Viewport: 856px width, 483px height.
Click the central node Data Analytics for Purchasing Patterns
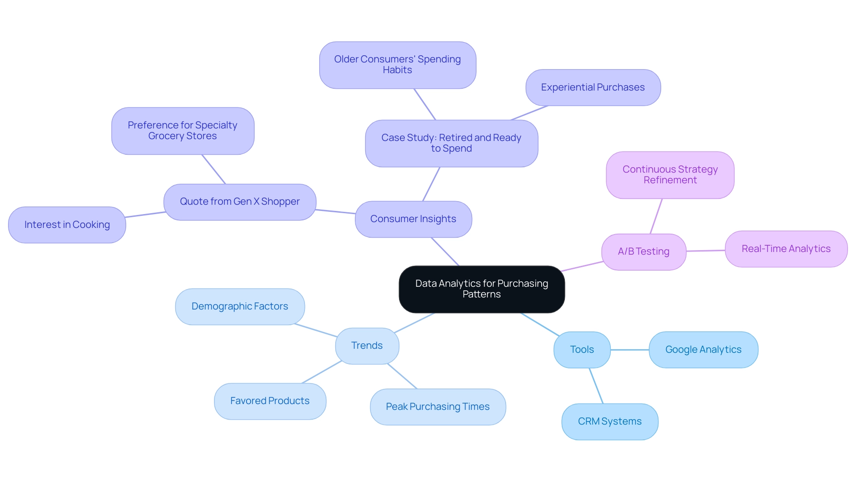click(x=481, y=289)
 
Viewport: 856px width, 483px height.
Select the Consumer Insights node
click(x=413, y=219)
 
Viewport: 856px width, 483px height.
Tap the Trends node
click(x=367, y=346)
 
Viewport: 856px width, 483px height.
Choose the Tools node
click(x=582, y=350)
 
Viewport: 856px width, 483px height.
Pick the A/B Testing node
click(x=643, y=252)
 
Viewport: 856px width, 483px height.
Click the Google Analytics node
click(x=703, y=350)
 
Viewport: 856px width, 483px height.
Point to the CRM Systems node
click(x=609, y=421)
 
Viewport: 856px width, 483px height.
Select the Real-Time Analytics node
click(x=786, y=249)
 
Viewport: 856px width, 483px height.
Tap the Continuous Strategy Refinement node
click(x=670, y=175)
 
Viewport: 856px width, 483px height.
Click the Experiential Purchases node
click(x=593, y=87)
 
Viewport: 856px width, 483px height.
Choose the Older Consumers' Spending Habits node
click(x=397, y=65)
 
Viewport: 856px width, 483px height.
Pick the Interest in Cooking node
click(x=67, y=225)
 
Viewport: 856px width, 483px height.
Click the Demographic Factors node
click(x=240, y=306)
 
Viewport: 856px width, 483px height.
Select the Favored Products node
click(x=270, y=401)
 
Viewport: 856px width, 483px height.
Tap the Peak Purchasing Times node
click(x=437, y=407)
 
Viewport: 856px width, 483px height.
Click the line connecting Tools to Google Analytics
click(x=630, y=350)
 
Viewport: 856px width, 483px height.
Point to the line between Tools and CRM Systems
click(x=596, y=386)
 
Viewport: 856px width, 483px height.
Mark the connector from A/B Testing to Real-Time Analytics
click(x=705, y=251)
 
